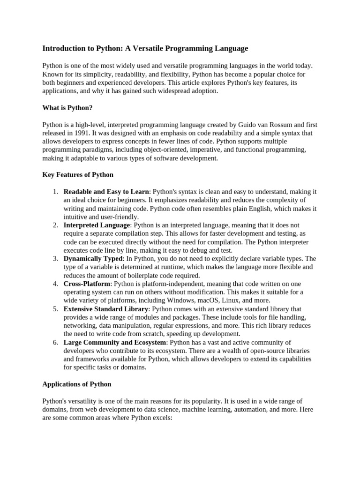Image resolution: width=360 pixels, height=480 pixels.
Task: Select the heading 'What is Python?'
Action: pyautogui.click(x=67, y=108)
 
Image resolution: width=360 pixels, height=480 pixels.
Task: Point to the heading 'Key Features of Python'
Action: pyautogui.click(x=78, y=175)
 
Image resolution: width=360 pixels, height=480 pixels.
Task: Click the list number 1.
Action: pyautogui.click(x=55, y=192)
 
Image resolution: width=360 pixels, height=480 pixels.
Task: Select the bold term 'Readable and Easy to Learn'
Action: pyautogui.click(x=106, y=192)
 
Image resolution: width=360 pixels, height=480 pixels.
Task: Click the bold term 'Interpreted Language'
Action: pyautogui.click(x=96, y=225)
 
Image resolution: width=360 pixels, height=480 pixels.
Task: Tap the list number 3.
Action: pyautogui.click(x=55, y=259)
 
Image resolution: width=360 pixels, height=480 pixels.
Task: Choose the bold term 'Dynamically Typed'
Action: pyautogui.click(x=93, y=259)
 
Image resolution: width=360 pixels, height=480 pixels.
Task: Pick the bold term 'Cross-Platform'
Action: pyautogui.click(x=87, y=284)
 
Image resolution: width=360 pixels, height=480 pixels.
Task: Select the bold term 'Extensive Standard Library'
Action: pyautogui.click(x=106, y=309)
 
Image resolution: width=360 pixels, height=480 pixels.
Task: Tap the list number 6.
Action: pyautogui.click(x=55, y=343)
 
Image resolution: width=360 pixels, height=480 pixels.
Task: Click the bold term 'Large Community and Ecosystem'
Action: pyautogui.click(x=114, y=343)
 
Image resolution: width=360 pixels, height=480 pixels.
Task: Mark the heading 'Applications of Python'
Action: pyautogui.click(x=77, y=384)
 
